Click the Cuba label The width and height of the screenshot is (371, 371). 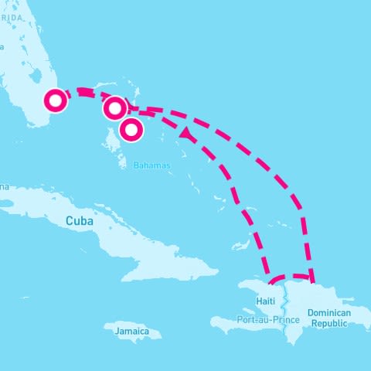click(x=80, y=221)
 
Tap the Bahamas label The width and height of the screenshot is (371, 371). click(x=151, y=165)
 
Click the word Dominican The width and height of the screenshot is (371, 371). click(x=329, y=312)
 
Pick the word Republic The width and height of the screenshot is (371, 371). click(x=329, y=324)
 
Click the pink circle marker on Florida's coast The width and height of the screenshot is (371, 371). click(x=56, y=100)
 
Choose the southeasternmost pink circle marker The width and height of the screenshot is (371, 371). click(x=131, y=130)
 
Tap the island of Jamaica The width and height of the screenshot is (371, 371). click(x=133, y=330)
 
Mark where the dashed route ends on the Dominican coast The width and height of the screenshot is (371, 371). click(x=311, y=278)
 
